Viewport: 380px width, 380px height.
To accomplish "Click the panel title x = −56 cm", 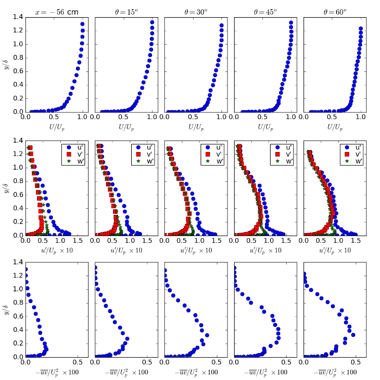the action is click(x=57, y=12).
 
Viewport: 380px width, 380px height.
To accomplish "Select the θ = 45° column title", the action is click(x=265, y=12).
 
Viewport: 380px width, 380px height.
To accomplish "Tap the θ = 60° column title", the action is click(x=335, y=12).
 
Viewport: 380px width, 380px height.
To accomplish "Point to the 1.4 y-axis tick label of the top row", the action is click(x=18, y=17).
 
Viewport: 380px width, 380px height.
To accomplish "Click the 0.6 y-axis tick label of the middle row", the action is click(x=18, y=195).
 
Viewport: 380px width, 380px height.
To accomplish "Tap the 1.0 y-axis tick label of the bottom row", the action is click(x=18, y=289).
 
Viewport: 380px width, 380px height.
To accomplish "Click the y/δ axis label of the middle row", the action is click(x=6, y=188).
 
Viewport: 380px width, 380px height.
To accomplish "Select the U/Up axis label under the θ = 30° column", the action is click(x=196, y=127).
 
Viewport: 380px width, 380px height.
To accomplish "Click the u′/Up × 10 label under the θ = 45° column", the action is click(x=265, y=251).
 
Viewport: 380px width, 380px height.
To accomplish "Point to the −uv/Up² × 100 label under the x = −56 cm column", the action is click(x=57, y=372).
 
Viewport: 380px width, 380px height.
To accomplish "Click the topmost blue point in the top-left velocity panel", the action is click(x=83, y=24).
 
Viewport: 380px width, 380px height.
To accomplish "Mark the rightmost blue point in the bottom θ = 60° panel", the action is click(x=353, y=335).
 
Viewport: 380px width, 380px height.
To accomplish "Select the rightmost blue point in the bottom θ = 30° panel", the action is click(x=207, y=335).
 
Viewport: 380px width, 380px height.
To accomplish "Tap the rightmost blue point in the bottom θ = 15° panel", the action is click(x=127, y=338).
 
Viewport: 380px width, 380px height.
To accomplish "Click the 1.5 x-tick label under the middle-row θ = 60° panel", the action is click(x=356, y=240).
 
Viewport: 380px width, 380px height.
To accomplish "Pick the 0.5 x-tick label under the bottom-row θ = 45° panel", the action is click(x=286, y=362).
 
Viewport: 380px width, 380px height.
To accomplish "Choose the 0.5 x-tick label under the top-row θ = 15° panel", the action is click(x=123, y=117).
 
